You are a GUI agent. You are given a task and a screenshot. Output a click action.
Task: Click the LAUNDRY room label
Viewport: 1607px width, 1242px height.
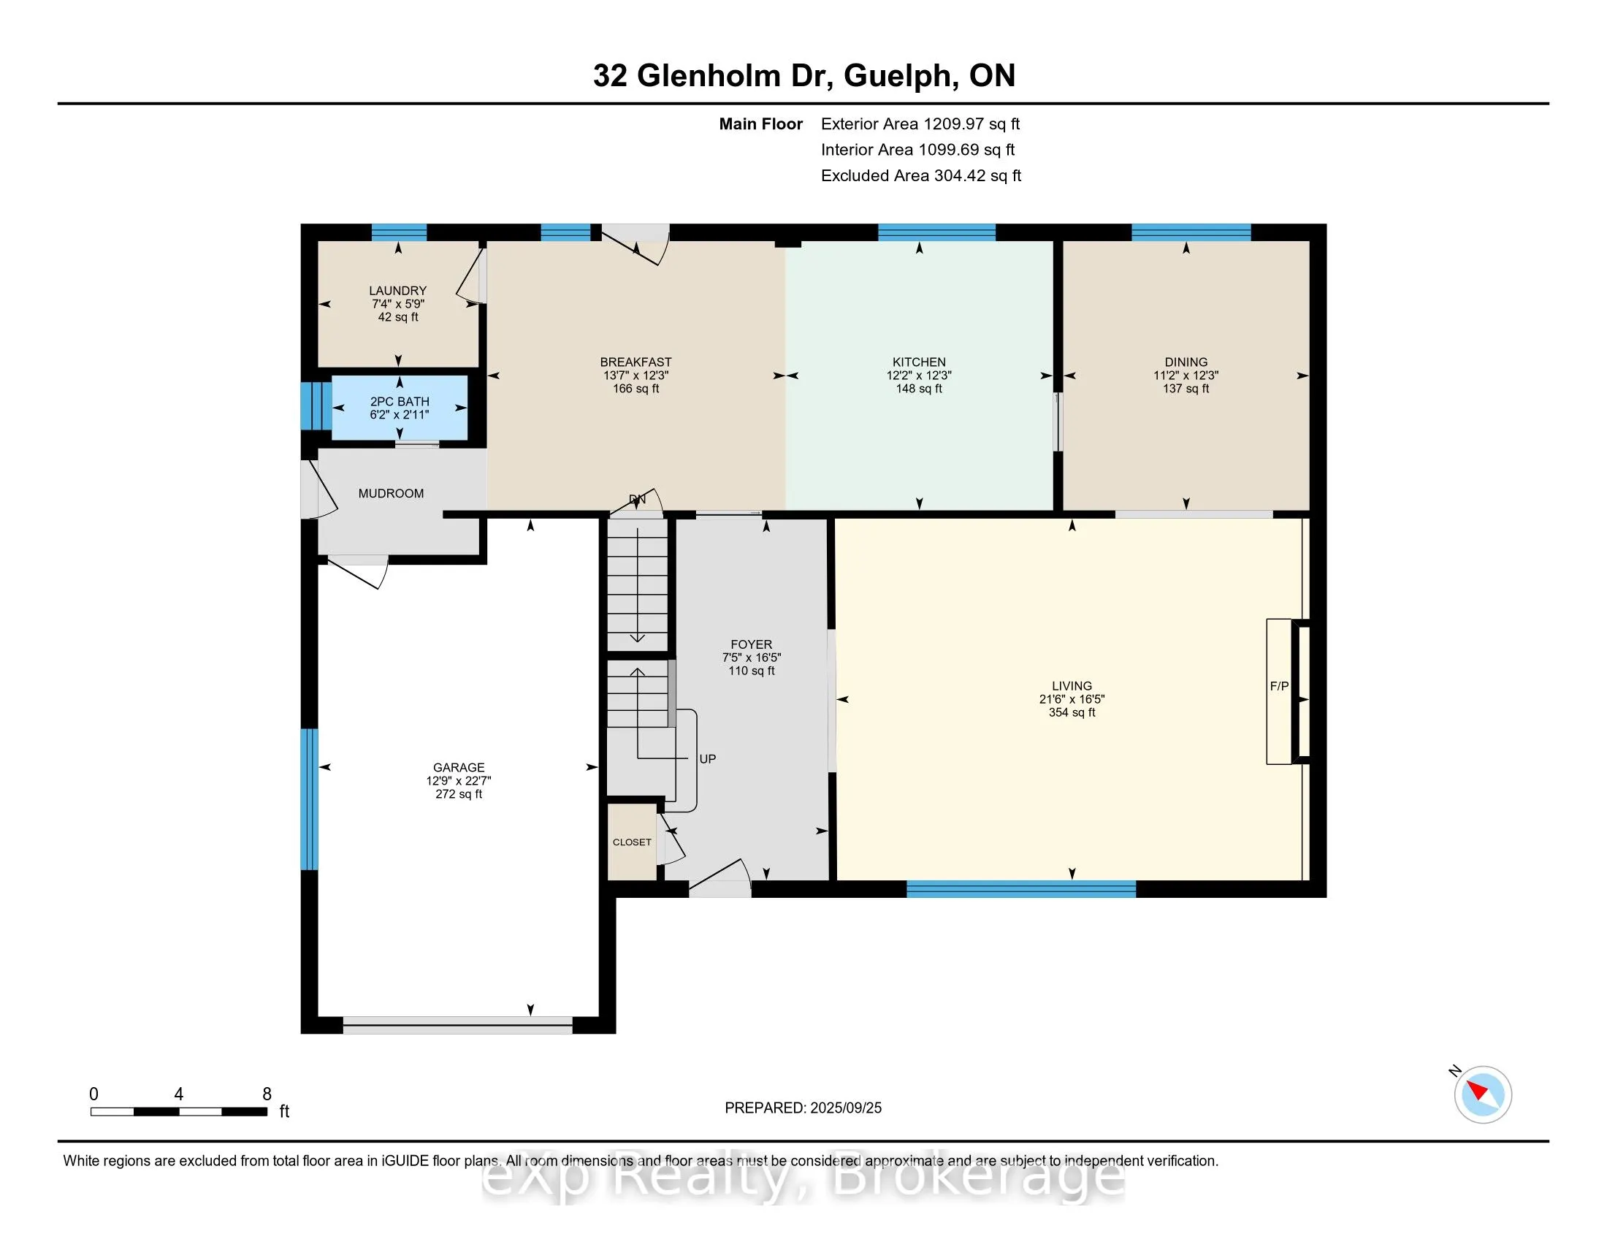point(397,291)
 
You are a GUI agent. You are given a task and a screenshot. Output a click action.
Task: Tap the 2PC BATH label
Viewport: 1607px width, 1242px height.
point(400,402)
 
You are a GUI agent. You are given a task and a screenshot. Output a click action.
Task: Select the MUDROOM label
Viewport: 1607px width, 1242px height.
point(391,494)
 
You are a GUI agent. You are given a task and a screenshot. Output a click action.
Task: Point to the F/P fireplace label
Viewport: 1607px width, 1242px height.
point(1279,686)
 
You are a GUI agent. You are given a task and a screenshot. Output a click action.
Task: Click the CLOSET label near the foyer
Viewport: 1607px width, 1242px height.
point(632,842)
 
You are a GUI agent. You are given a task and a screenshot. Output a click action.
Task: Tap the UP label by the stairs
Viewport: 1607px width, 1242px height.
point(707,758)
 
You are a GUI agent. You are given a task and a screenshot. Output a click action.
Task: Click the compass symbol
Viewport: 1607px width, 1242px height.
point(1482,1094)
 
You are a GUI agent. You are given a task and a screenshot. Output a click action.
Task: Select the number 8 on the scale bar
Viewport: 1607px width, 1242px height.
point(267,1094)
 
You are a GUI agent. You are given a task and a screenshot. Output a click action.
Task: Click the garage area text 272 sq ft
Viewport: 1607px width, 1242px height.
point(459,794)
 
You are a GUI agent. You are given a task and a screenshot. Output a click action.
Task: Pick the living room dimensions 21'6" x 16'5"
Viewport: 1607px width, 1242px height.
point(1072,699)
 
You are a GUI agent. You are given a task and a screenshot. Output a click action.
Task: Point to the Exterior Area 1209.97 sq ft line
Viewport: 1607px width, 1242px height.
point(920,123)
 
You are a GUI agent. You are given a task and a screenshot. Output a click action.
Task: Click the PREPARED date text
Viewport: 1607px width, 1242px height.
point(803,1108)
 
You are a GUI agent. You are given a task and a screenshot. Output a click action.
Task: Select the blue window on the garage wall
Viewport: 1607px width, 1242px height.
point(310,799)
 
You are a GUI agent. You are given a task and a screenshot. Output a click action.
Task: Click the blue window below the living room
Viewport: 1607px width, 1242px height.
point(1020,889)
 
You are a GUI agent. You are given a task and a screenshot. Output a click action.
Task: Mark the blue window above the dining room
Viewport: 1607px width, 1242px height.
point(1191,232)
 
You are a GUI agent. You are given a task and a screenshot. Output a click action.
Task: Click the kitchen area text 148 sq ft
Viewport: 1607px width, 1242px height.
point(919,389)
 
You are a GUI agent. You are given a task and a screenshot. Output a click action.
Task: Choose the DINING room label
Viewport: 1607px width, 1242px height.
point(1186,362)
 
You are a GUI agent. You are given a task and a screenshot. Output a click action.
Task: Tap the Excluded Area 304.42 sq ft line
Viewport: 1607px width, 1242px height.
point(920,175)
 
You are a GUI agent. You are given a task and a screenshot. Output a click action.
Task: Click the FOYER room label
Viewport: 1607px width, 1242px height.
point(751,644)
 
